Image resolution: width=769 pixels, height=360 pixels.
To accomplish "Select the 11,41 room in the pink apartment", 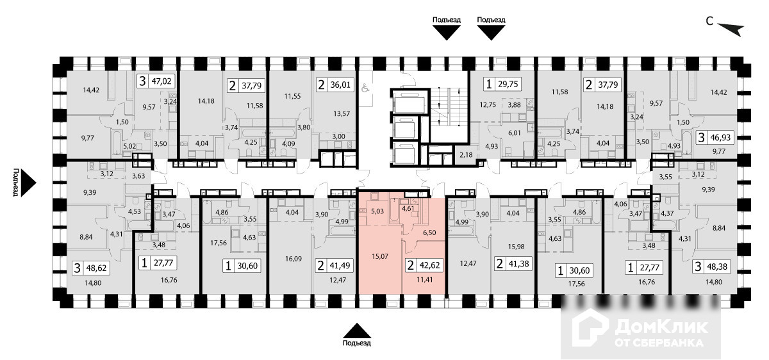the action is pyautogui.click(x=424, y=279).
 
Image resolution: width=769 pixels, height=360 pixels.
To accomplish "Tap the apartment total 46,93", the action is pyautogui.click(x=725, y=137).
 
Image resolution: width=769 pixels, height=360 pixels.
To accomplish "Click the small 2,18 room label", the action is pyautogui.click(x=466, y=155).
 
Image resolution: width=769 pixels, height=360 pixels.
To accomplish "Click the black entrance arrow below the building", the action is pyautogui.click(x=357, y=330).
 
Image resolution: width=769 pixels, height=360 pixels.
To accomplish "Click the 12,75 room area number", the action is pyautogui.click(x=488, y=105).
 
